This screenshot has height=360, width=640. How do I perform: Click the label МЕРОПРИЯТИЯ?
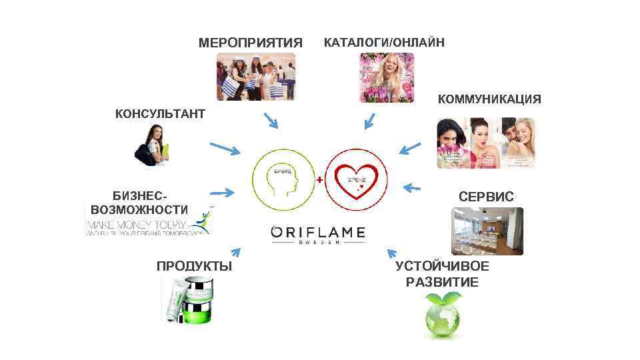click(x=250, y=43)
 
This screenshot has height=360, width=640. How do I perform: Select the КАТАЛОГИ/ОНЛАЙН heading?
click(x=383, y=43)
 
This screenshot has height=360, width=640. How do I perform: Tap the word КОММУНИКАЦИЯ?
click(x=489, y=99)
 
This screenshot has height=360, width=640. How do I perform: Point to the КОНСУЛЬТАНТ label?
click(x=160, y=113)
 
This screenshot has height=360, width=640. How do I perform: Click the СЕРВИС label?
click(x=486, y=197)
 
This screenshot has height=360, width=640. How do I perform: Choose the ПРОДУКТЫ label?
click(x=194, y=266)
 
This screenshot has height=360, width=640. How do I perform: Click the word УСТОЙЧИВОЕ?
click(x=442, y=266)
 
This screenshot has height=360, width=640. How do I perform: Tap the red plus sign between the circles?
click(x=320, y=180)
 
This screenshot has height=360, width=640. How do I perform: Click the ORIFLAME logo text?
click(x=318, y=233)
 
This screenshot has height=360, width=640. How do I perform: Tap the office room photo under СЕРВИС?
click(x=487, y=231)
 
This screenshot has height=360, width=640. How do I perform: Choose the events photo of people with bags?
click(x=255, y=77)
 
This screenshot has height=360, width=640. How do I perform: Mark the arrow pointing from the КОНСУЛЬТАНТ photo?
click(x=224, y=148)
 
